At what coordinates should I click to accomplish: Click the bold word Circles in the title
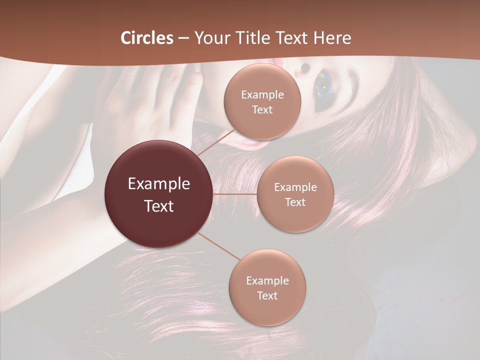147,38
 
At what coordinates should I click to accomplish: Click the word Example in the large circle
159,184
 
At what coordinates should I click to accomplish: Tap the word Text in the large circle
159,206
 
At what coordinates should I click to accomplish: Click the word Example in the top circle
262,95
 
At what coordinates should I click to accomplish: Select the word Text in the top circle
262,110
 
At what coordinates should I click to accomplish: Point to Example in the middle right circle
295,187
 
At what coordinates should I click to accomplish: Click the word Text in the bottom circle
267,296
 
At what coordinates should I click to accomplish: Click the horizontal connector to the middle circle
235,194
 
